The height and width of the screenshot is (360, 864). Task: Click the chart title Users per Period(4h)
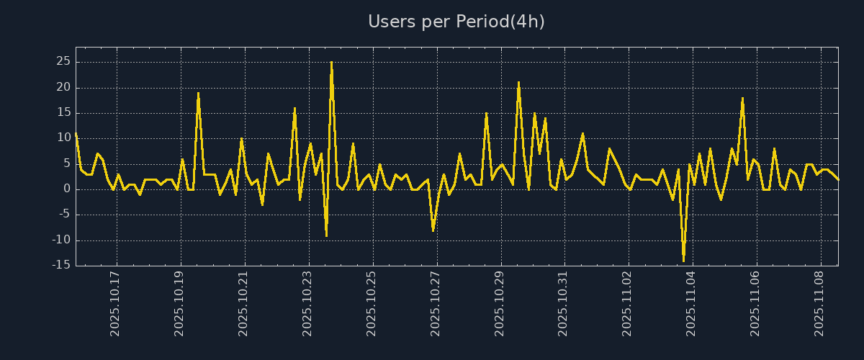[x=456, y=22]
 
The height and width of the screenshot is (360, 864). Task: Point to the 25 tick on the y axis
[x=63, y=62]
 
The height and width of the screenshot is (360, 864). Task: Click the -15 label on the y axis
[x=60, y=265]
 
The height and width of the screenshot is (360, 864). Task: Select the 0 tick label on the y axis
[x=66, y=189]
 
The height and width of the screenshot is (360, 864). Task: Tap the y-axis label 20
[x=63, y=87]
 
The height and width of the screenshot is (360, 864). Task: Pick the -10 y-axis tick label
[x=60, y=240]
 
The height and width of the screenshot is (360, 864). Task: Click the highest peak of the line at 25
[x=331, y=63]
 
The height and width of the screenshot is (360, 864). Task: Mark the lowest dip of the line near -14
[x=683, y=260]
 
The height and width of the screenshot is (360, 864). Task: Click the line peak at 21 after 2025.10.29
[x=518, y=83]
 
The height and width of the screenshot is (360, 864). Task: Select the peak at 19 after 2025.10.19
[x=198, y=93]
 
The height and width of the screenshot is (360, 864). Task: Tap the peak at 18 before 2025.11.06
[x=742, y=98]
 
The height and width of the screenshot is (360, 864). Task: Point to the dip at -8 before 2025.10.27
[x=433, y=230]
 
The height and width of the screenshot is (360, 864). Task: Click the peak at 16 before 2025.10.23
[x=294, y=109]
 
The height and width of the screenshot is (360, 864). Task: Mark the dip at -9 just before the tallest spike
[x=326, y=235]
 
